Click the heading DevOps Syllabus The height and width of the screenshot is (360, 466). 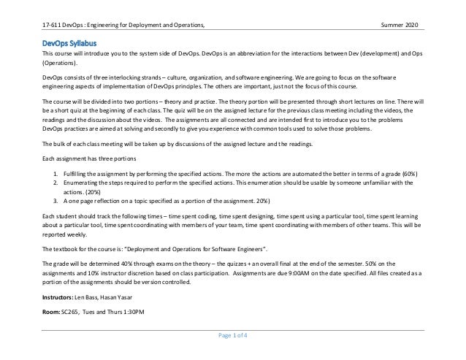point(70,42)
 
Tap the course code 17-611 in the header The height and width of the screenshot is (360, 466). point(53,27)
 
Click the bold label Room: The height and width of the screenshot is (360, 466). point(52,311)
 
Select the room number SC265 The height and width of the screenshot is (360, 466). point(70,311)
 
